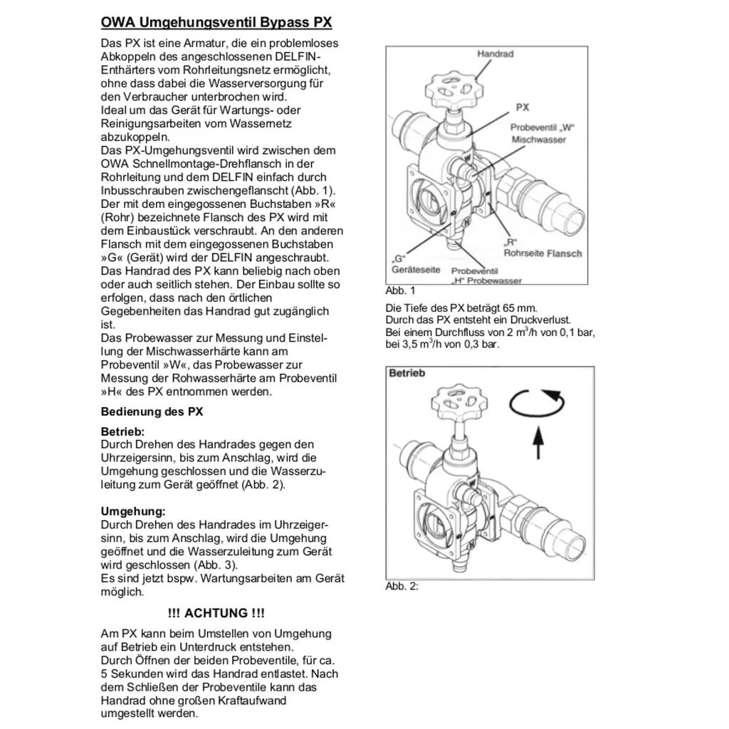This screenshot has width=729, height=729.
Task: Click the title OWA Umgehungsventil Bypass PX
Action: click(216, 23)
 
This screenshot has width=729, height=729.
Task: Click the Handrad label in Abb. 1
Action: click(495, 54)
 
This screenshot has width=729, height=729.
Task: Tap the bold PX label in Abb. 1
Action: click(523, 107)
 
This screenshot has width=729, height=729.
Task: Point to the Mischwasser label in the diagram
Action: click(538, 140)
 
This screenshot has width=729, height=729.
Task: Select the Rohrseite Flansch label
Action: click(542, 253)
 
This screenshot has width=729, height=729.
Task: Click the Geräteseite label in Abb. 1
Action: click(416, 270)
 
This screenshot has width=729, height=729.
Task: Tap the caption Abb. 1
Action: click(399, 290)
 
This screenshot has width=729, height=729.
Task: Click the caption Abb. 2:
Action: click(402, 587)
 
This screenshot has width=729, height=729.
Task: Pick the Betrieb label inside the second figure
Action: click(407, 373)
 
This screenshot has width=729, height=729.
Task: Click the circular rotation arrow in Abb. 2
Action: click(537, 404)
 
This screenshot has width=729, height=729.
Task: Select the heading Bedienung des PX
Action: click(152, 411)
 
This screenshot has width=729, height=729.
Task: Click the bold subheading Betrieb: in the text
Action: click(122, 431)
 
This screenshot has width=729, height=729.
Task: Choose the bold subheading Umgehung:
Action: click(133, 511)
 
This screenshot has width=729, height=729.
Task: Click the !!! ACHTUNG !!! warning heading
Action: click(216, 613)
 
